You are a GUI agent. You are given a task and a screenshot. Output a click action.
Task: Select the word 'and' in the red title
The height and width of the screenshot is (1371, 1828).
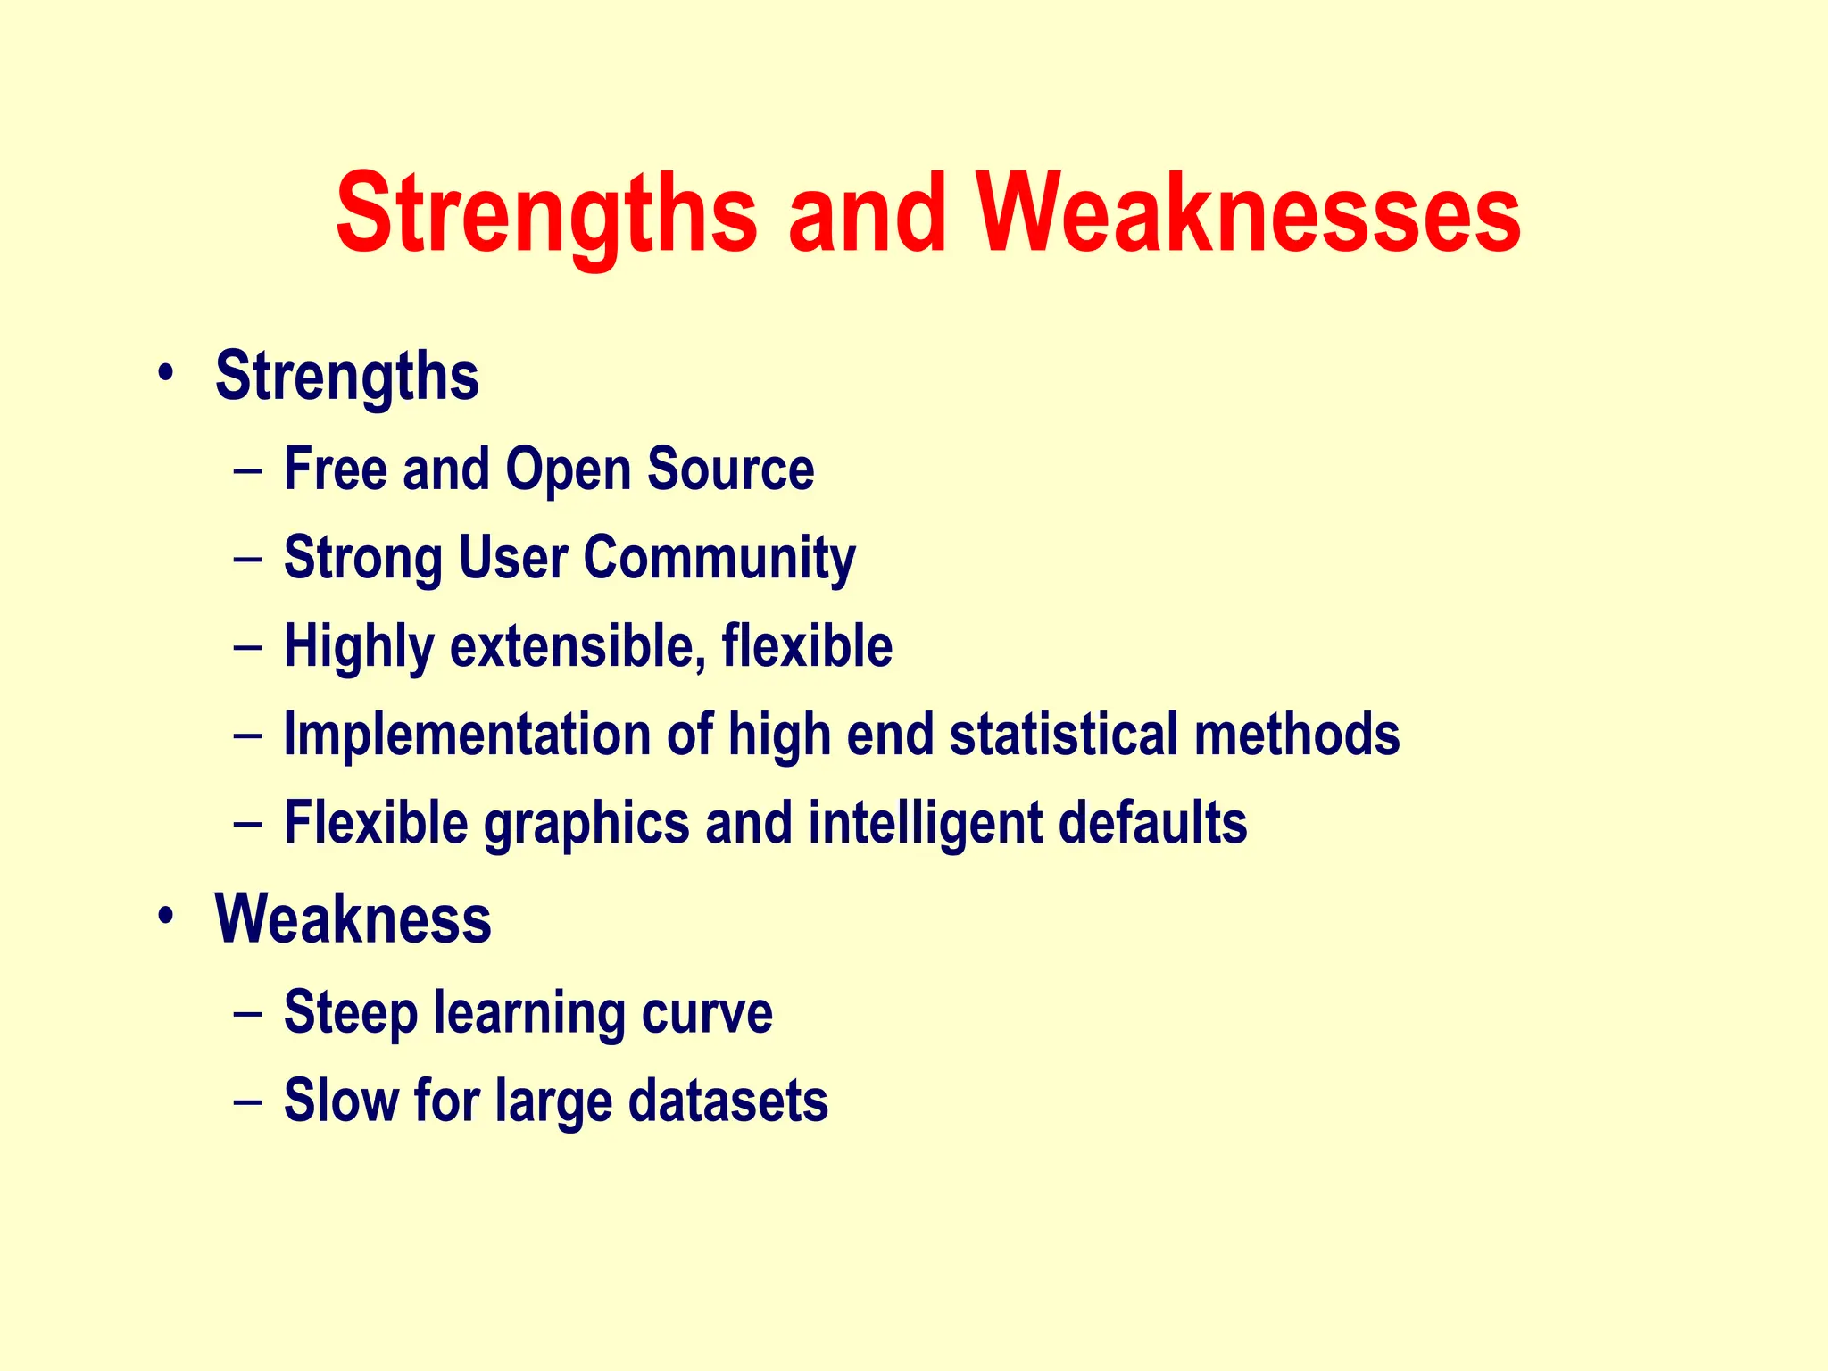(x=866, y=214)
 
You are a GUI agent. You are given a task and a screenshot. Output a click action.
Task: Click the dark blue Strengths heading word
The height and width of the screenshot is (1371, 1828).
(x=347, y=378)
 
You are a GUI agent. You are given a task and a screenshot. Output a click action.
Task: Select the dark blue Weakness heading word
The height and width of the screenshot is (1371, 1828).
(x=353, y=918)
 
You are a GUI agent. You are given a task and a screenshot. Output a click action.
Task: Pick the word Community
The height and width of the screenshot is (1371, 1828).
(x=719, y=559)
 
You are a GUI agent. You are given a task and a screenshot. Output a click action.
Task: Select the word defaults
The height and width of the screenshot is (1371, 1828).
(x=1152, y=822)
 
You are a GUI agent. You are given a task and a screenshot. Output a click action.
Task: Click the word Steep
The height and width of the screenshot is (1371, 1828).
(x=351, y=1014)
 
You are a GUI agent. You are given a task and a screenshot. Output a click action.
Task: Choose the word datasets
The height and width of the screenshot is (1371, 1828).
(x=727, y=1101)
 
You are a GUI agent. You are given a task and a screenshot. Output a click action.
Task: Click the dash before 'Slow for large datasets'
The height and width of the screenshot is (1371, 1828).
(x=247, y=1101)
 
